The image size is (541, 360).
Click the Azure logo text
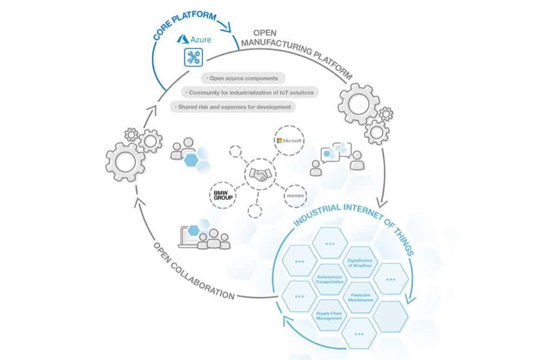193,40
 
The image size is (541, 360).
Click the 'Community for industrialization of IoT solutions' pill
248,92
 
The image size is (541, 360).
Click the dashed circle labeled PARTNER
295,195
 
